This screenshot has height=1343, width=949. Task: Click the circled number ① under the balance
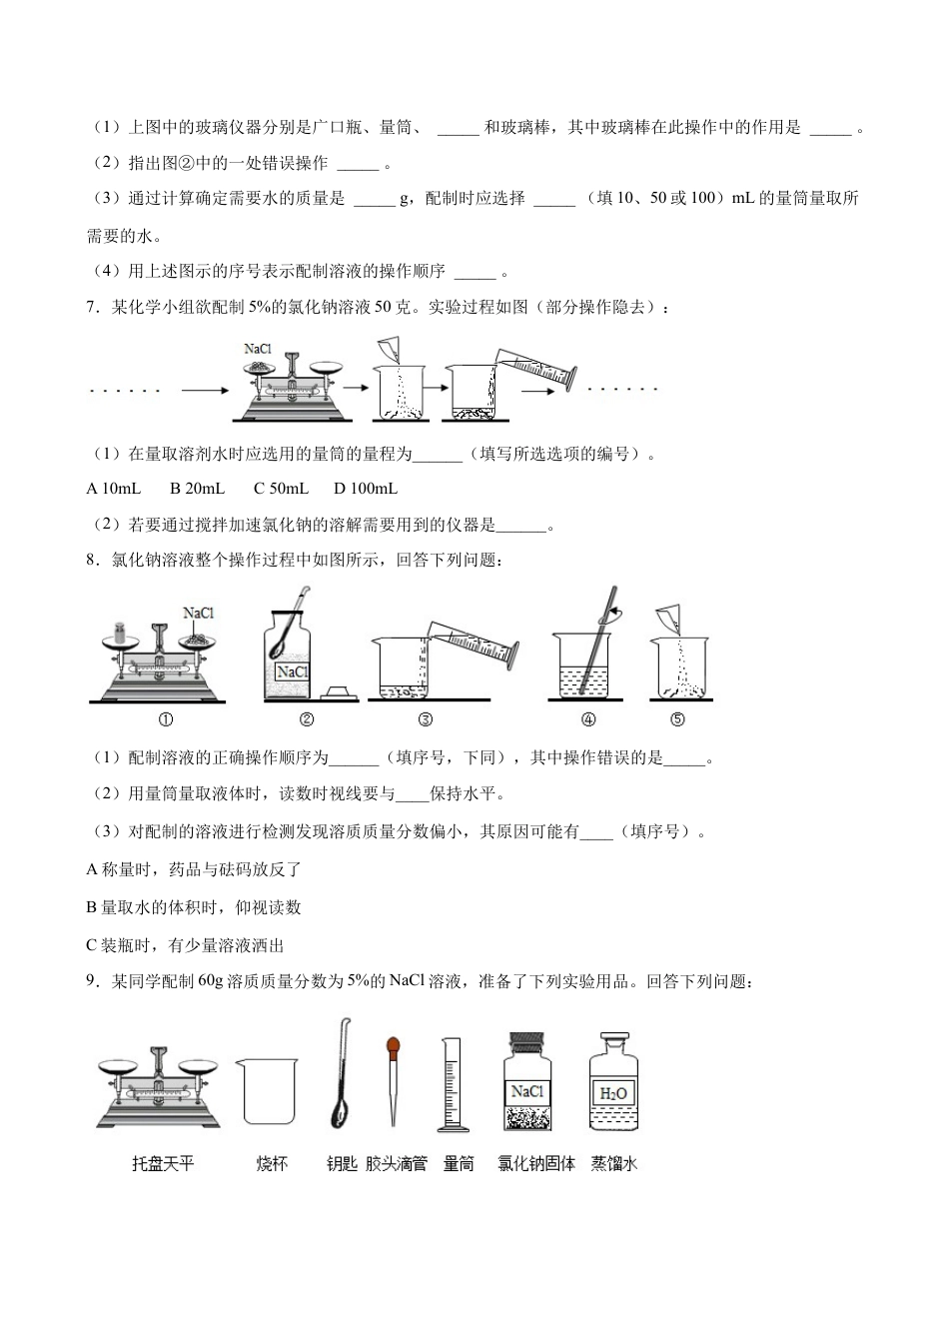166,719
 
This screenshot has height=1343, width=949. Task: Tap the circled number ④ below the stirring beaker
588,719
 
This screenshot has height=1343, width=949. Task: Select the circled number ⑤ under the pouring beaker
677,719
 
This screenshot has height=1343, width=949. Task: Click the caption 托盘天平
163,1164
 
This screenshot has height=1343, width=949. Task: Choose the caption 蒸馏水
613,1164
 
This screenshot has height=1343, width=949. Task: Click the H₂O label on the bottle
612,1093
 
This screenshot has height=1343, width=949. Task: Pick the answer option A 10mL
114,489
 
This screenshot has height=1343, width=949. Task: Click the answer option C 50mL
281,489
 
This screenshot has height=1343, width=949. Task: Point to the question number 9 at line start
92,981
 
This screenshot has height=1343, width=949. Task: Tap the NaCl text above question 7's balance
258,349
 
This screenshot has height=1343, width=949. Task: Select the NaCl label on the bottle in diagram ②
292,672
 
